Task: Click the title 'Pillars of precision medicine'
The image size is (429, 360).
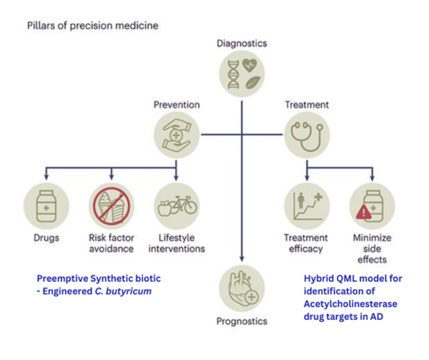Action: tap(92, 26)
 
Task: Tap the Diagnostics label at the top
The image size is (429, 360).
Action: tap(242, 44)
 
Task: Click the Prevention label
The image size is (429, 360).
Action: tap(177, 104)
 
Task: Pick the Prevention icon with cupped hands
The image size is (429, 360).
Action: tap(177, 136)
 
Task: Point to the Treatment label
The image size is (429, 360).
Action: tap(307, 104)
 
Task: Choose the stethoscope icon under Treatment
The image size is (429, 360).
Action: tap(307, 136)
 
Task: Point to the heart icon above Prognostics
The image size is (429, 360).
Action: tap(242, 289)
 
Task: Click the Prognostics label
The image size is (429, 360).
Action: tap(242, 321)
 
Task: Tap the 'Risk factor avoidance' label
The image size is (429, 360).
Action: tap(112, 243)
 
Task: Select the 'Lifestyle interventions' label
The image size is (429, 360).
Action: tap(177, 243)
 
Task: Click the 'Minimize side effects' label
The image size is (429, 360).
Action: tap(370, 249)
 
